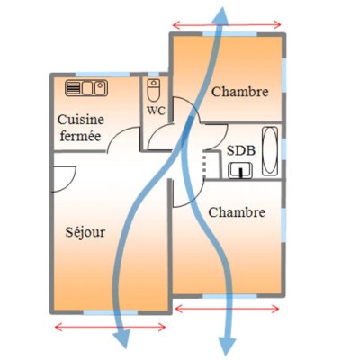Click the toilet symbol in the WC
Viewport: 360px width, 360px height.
click(154, 90)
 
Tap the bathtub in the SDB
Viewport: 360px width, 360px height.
click(270, 151)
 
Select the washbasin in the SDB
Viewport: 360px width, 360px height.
click(240, 170)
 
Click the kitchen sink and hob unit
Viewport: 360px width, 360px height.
click(86, 88)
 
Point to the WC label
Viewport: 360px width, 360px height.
click(156, 111)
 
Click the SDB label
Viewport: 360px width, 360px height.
click(241, 150)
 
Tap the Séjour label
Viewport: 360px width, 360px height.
click(85, 232)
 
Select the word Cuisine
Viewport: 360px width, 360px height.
click(81, 120)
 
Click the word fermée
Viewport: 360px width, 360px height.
click(80, 136)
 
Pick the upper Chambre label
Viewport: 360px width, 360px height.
click(239, 92)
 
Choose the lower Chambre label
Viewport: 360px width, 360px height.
click(237, 212)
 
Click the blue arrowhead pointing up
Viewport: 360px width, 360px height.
click(221, 15)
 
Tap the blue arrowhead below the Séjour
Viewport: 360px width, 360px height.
click(123, 338)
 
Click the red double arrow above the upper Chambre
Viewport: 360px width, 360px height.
click(227, 25)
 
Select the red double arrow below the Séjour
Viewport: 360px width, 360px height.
click(110, 328)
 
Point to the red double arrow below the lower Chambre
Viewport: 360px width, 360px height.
click(227, 309)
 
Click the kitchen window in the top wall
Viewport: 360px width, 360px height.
click(103, 75)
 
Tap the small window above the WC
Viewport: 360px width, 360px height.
click(154, 75)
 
